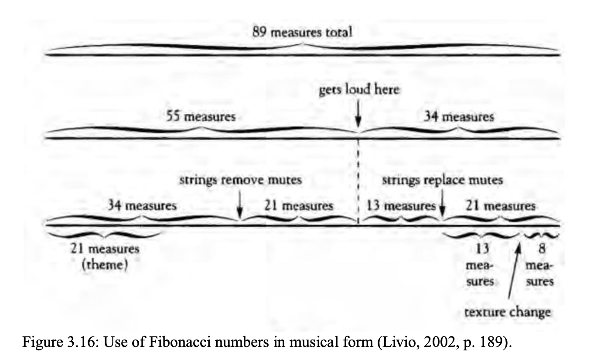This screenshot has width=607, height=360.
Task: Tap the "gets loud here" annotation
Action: (359, 90)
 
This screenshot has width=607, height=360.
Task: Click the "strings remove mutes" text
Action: (240, 180)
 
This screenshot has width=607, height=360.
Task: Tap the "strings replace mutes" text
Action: (443, 180)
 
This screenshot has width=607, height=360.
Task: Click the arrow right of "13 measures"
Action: (443, 208)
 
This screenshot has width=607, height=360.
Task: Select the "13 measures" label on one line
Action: (402, 205)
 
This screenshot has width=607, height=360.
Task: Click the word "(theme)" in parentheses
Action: (106, 265)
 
